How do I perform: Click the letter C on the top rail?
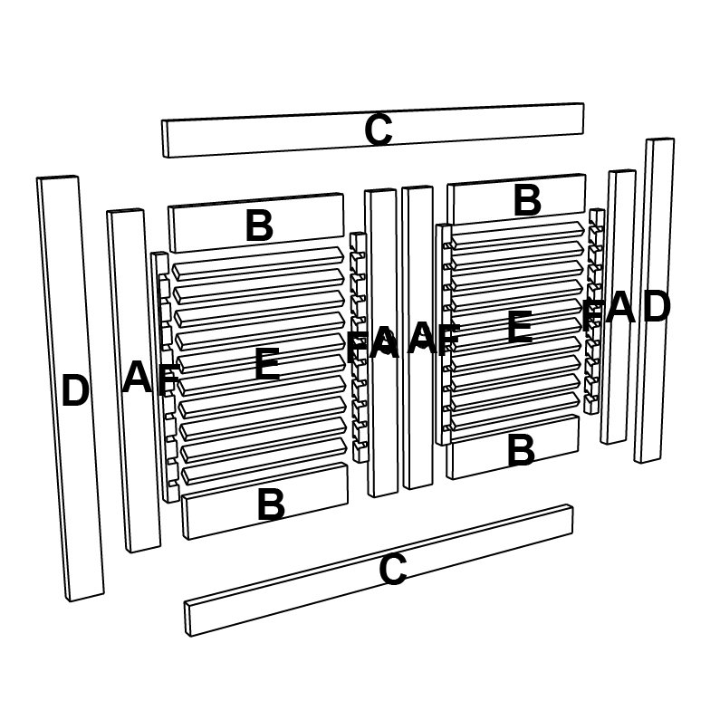(379, 130)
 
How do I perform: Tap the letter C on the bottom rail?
(393, 570)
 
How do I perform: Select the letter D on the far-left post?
(75, 390)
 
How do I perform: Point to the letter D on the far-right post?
(657, 306)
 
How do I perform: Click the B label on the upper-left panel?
(259, 226)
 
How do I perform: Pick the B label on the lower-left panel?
(272, 504)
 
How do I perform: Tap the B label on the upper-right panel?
(527, 200)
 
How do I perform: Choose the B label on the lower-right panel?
(521, 450)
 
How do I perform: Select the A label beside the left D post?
(137, 377)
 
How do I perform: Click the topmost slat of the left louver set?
(258, 264)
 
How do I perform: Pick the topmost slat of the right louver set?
(517, 235)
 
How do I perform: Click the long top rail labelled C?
(373, 130)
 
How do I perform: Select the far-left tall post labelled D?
(71, 389)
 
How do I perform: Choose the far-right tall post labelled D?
(654, 301)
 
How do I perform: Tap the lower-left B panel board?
(265, 501)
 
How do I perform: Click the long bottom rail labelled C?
(379, 571)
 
